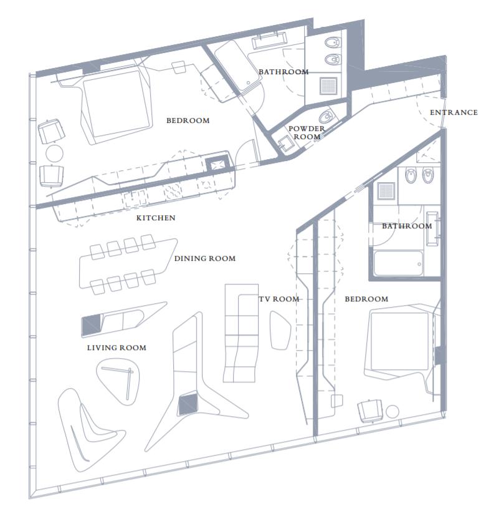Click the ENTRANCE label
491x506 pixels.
point(454,112)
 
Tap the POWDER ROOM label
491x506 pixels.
point(307,133)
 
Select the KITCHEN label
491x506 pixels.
point(156,218)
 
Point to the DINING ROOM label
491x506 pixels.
point(205,258)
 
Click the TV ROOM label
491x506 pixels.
point(279,299)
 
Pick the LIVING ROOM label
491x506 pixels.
point(117,348)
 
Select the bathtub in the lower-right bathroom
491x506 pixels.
point(398,263)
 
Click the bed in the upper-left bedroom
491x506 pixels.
point(116,104)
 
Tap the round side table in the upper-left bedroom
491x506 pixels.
point(54,153)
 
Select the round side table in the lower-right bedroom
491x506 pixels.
point(393,412)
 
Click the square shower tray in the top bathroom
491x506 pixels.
point(328,85)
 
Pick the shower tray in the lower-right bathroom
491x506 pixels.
point(386,190)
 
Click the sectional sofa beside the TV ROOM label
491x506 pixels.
point(241,333)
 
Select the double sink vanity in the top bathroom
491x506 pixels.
point(269,40)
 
